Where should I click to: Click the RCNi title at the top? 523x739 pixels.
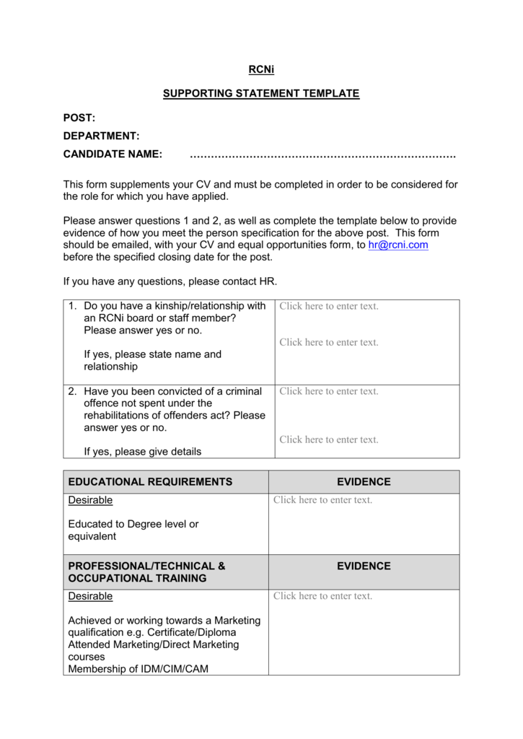(x=260, y=70)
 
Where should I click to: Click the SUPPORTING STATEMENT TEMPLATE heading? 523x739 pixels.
(x=260, y=94)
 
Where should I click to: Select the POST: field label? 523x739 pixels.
(x=79, y=118)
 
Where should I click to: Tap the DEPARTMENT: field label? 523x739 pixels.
(x=101, y=136)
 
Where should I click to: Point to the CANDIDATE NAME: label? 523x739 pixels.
(x=113, y=154)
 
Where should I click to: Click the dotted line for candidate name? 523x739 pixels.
(x=322, y=155)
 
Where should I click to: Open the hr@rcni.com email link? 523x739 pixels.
(x=397, y=245)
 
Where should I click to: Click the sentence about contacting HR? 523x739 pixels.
(x=170, y=281)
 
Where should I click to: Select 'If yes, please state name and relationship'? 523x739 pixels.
(x=153, y=360)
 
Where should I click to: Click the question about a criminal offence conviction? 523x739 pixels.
(x=175, y=409)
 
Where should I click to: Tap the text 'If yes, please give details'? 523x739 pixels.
(x=143, y=452)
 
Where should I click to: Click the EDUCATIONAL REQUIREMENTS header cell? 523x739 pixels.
(x=150, y=482)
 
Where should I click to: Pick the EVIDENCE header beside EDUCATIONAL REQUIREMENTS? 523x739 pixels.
(x=364, y=482)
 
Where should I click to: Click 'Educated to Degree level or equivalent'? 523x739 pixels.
(x=133, y=530)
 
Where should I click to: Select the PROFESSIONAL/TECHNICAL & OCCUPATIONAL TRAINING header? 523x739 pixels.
(x=146, y=572)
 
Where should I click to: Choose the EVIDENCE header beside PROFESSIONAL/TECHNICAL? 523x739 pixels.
(x=364, y=567)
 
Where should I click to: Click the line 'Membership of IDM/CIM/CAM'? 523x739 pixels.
(x=138, y=669)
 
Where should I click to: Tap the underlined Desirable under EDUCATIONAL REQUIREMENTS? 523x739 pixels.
(x=90, y=500)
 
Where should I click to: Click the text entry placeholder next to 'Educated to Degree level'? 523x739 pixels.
(x=322, y=500)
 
